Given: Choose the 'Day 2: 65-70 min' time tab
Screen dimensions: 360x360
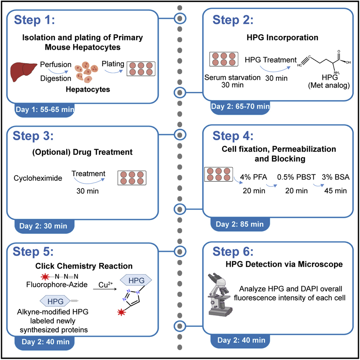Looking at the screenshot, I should [x=240, y=106].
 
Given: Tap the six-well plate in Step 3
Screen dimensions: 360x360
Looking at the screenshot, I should [x=132, y=178].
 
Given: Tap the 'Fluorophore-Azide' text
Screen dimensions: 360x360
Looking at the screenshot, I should [x=56, y=285].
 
